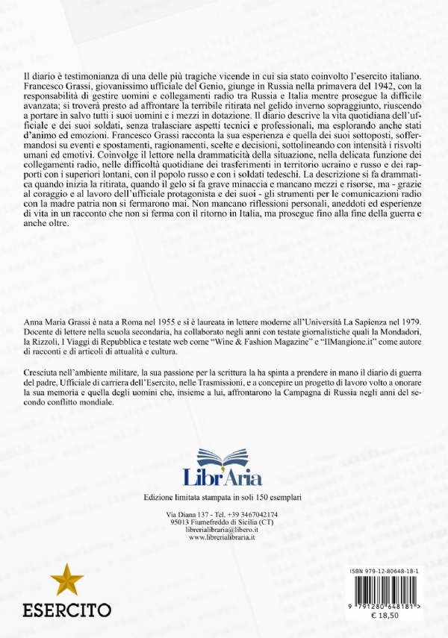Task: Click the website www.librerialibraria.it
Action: [x=223, y=537]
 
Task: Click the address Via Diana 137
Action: [x=187, y=515]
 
